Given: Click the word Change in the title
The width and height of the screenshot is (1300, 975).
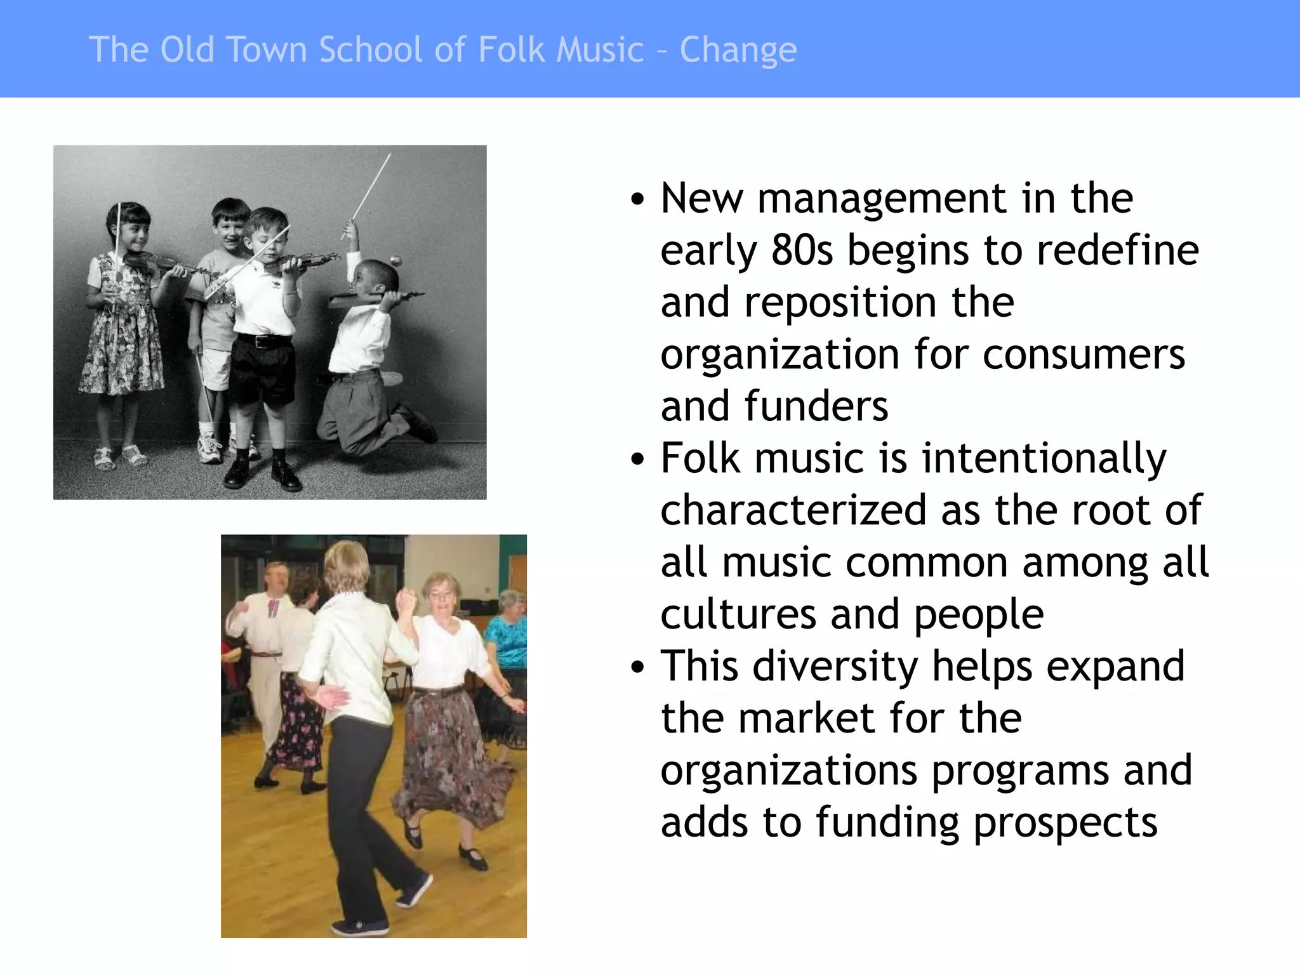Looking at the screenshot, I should [738, 50].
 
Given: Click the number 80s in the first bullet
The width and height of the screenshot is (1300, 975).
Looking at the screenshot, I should [802, 249].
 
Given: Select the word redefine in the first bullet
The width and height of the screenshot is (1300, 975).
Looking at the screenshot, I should [1117, 249].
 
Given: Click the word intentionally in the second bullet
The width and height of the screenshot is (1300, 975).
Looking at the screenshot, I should [1044, 458].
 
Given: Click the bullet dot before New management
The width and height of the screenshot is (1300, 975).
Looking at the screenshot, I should [637, 199].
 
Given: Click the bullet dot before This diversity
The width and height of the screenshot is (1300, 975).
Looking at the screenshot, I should [637, 667].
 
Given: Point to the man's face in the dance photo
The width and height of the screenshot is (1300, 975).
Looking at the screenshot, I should [277, 578].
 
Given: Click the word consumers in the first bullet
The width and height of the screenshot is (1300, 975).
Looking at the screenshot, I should [1084, 354].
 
